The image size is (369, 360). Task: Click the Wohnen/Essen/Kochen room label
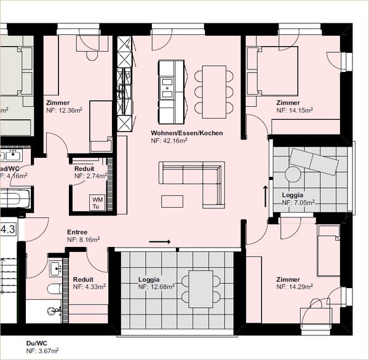[186, 133]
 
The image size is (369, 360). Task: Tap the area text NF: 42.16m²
[169, 141]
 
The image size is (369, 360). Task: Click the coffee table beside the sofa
[172, 201]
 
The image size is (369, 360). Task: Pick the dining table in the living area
[214, 92]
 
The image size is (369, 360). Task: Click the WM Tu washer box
[97, 203]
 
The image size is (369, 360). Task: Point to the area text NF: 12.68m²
[156, 286]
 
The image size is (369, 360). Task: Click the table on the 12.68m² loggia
[200, 289]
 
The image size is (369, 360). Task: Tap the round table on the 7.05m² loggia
[293, 174]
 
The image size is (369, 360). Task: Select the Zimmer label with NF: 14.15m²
[288, 103]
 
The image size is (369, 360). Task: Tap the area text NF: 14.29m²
[295, 286]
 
